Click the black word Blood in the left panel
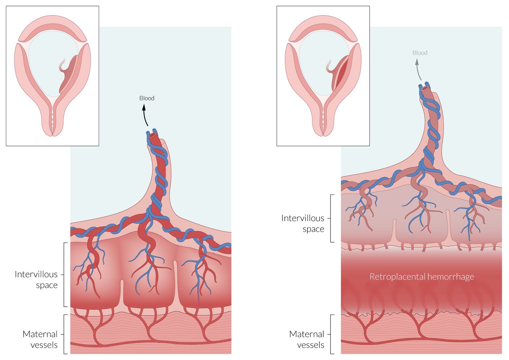(x=147, y=98)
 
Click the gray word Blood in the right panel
(x=420, y=53)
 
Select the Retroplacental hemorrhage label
(x=422, y=277)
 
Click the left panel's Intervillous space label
(x=36, y=280)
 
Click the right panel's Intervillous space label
(x=303, y=224)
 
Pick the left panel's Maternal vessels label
(x=40, y=339)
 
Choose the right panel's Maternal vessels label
(x=307, y=339)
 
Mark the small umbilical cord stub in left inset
(x=63, y=65)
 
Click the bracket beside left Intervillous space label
(x=65, y=275)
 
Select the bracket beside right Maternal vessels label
(x=332, y=334)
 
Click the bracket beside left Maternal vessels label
(x=65, y=334)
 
